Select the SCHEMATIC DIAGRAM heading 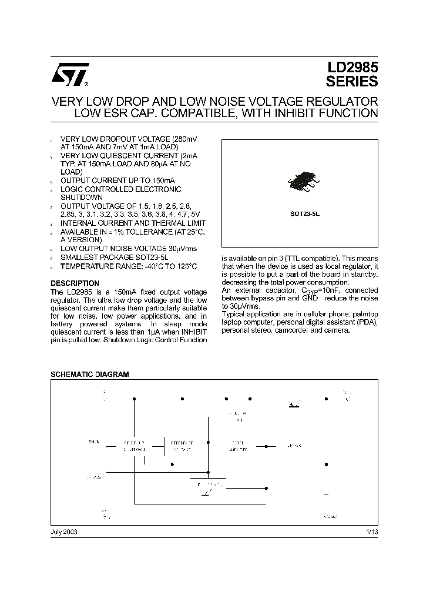[89, 374]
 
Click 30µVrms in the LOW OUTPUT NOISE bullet [176, 249]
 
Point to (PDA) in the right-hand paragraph [365, 323]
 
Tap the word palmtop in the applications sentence [364, 315]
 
